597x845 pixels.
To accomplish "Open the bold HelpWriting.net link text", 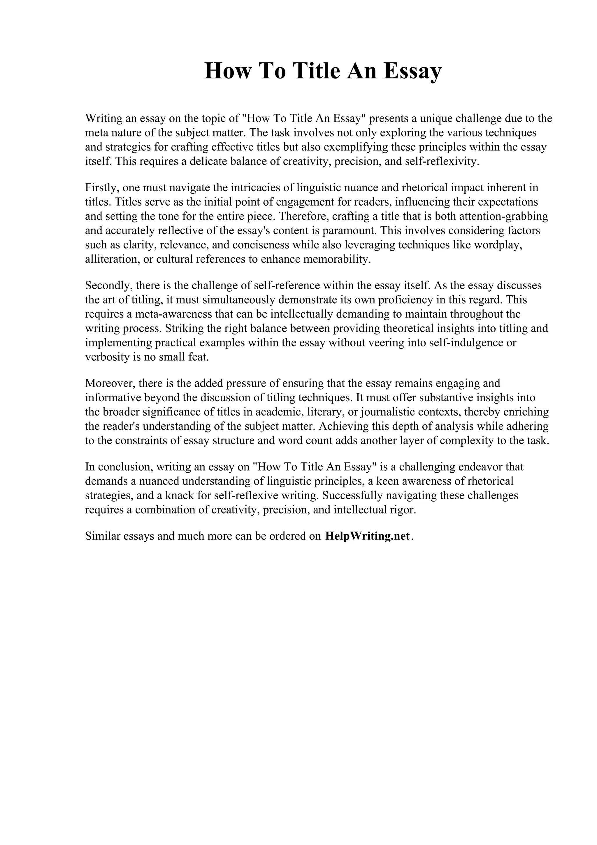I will coord(367,536).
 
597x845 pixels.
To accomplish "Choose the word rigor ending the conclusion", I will coord(404,510).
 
